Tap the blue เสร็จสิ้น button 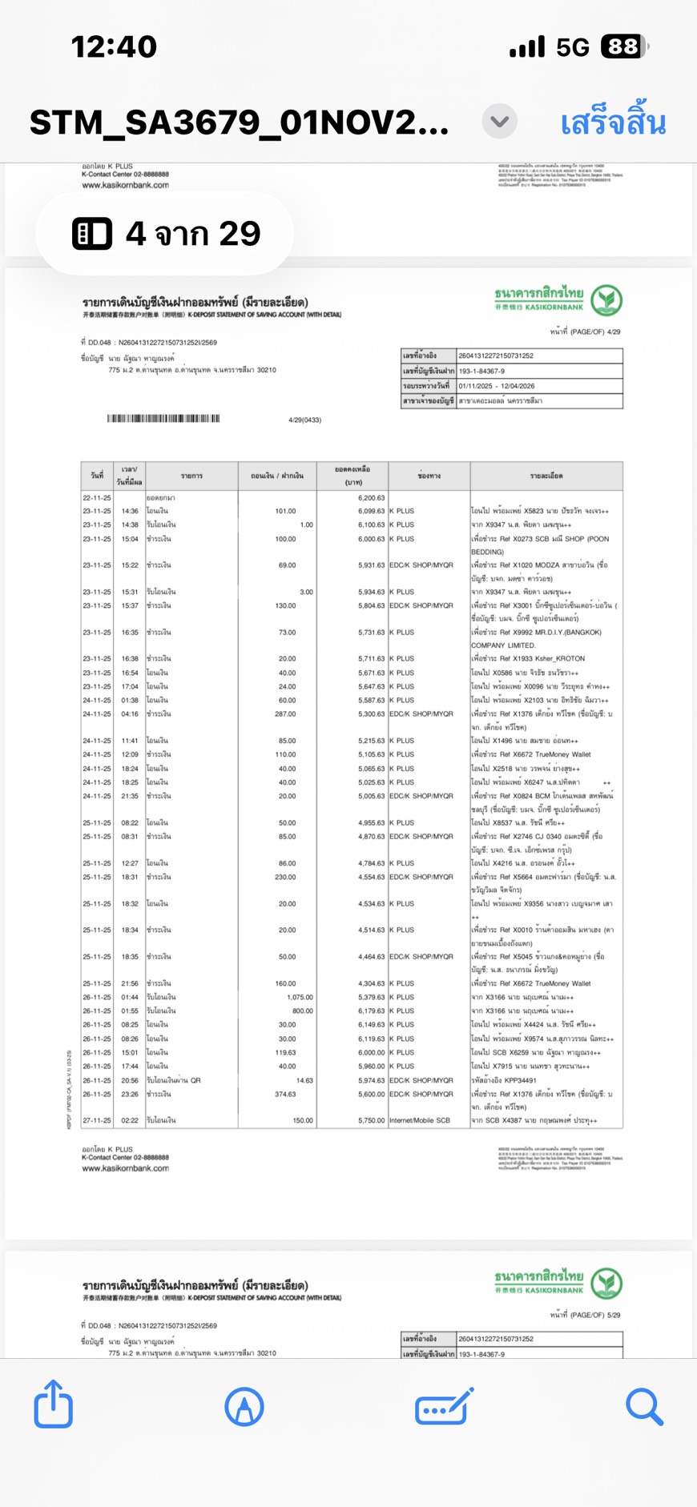click(613, 123)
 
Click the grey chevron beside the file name click(500, 122)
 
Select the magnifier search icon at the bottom click(644, 1406)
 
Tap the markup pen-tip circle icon click(244, 1406)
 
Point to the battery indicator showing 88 click(624, 47)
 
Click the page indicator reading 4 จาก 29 click(166, 234)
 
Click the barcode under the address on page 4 click(163, 419)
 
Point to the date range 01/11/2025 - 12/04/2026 click(497, 386)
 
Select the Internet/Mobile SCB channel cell click(422, 1120)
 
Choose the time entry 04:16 click(130, 713)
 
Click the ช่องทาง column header click(429, 476)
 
